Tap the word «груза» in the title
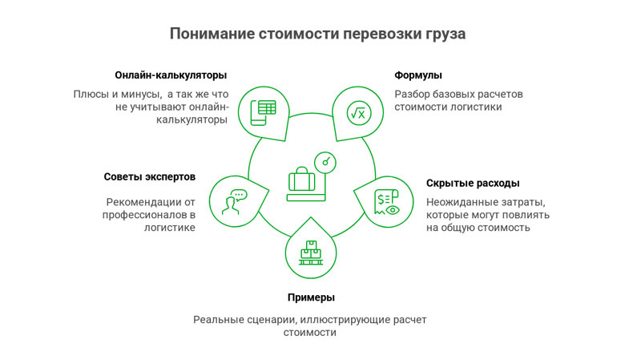point(441,34)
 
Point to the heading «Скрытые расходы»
point(473,183)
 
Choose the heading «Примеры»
point(308,298)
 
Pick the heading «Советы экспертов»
point(150,176)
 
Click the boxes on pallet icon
point(309,253)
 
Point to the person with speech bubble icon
point(233,201)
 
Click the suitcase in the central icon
point(302,180)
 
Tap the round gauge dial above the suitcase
point(325,161)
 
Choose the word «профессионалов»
point(144,215)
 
